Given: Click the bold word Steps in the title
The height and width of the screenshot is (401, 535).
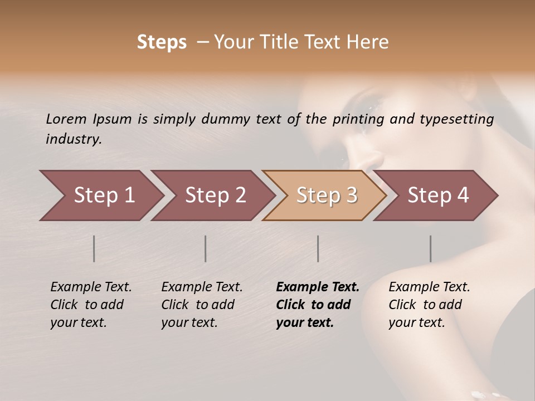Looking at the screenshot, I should click(162, 42).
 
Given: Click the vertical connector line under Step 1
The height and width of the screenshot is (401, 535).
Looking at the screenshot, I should click(94, 248).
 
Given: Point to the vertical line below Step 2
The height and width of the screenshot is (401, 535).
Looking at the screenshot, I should click(206, 248).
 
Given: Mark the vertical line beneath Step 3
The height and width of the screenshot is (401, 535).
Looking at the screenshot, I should click(318, 248).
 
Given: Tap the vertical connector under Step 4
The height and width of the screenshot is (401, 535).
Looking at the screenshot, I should click(431, 248).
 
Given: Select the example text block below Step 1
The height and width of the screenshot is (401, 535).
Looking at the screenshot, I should click(90, 305).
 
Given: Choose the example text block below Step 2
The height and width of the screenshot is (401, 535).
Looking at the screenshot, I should click(201, 305).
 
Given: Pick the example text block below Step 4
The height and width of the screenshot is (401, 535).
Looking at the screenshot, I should click(429, 305).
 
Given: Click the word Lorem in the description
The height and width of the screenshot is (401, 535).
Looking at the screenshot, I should click(66, 119).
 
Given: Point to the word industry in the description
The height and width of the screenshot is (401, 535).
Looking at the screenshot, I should click(73, 139).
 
